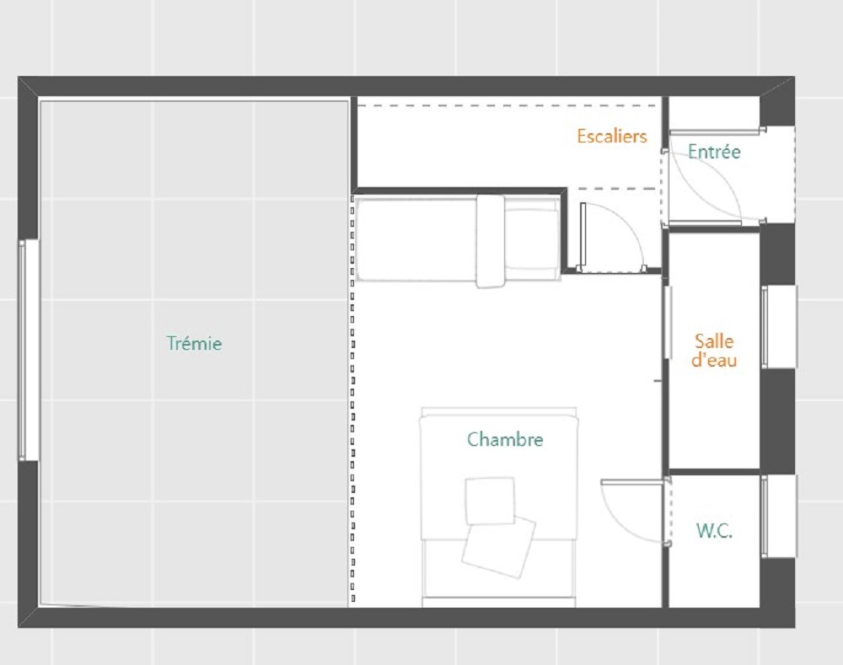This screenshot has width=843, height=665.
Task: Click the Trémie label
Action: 194,343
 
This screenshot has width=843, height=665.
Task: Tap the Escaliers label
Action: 612,136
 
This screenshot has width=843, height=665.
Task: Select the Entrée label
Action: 714,152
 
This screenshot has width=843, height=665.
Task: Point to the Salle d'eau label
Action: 714,350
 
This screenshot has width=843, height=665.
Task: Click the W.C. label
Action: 714,531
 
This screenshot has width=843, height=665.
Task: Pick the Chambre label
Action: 505,439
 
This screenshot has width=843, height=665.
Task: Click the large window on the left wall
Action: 28,350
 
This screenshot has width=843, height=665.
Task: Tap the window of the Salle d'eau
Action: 779,327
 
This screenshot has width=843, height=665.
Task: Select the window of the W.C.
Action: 779,516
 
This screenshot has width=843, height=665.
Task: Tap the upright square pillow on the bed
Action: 490,501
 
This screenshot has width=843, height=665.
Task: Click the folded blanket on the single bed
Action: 491,241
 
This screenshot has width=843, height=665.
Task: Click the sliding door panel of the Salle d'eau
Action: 668,322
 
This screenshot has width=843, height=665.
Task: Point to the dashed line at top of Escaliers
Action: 507,106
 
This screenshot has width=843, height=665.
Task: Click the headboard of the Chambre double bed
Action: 498,412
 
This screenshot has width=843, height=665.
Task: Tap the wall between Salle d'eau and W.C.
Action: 714,472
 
